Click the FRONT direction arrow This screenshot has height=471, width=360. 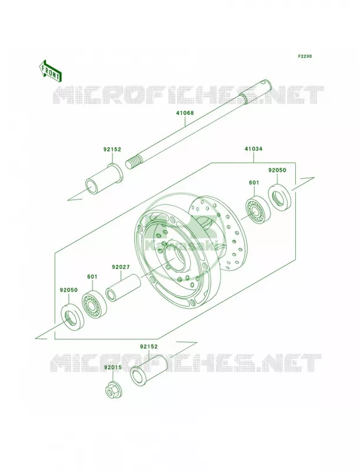point(50,71)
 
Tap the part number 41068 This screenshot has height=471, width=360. point(185,113)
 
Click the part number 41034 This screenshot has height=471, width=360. point(253,149)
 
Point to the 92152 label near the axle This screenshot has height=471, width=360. point(112,150)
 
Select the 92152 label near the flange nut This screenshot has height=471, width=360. point(148,346)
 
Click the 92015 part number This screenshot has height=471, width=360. point(113,367)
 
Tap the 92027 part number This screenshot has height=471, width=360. point(121,267)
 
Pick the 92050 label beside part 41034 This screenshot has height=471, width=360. point(277,170)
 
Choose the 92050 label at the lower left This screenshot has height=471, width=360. point(68,290)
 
